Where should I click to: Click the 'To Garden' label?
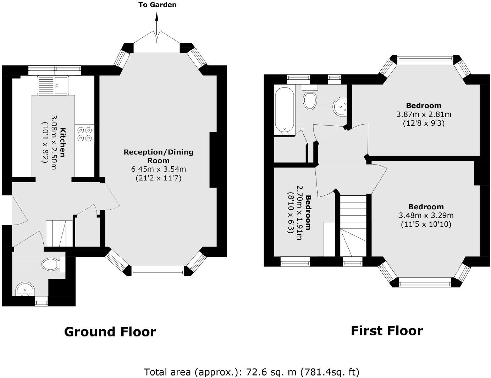pyautogui.click(x=157, y=5)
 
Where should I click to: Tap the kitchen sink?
pyautogui.click(x=53, y=85)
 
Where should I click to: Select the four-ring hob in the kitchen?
pyautogui.click(x=85, y=134)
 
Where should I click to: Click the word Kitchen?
pyautogui.click(x=62, y=142)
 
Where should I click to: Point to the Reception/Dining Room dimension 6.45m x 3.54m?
pyautogui.click(x=158, y=169)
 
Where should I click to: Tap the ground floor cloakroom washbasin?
pyautogui.click(x=25, y=289)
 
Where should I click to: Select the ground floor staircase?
pyautogui.click(x=59, y=233)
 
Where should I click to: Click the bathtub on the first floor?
pyautogui.click(x=284, y=111)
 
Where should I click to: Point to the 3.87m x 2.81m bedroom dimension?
pyautogui.click(x=424, y=114)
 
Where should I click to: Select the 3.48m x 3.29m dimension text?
pyautogui.click(x=426, y=215)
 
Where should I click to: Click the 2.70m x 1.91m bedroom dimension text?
pyautogui.click(x=299, y=213)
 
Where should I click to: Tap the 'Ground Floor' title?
pyautogui.click(x=110, y=332)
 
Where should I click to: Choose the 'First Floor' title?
pyautogui.click(x=387, y=331)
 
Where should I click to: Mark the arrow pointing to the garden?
pyautogui.click(x=157, y=28)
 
